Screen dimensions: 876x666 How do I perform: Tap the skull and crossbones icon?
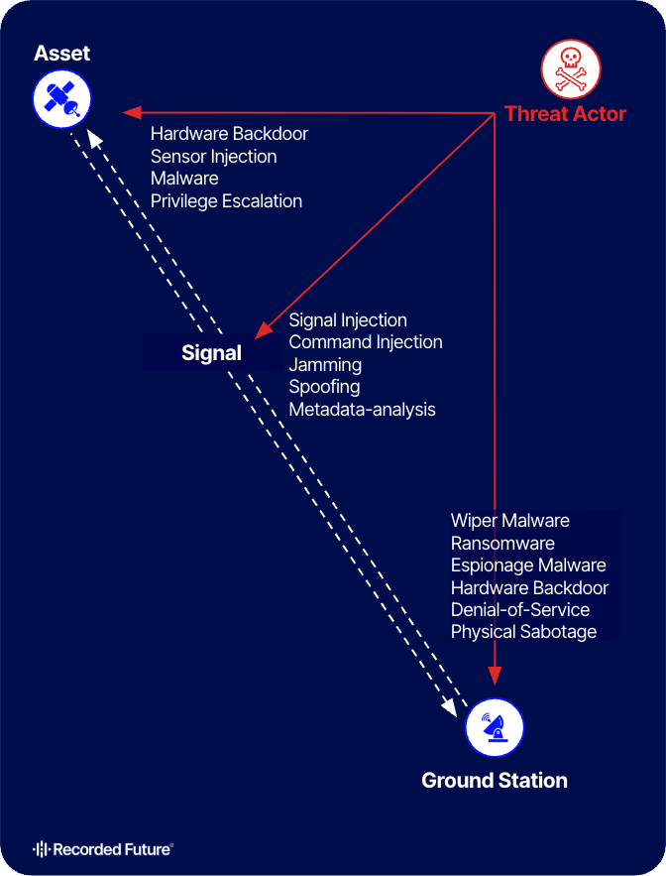[x=564, y=69]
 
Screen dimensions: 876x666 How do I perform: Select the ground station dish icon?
[x=494, y=727]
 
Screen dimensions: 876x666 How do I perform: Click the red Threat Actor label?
[x=565, y=113]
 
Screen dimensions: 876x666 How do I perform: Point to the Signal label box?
[x=211, y=352]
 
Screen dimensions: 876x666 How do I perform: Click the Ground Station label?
[x=495, y=780]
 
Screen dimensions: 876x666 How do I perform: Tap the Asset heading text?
[x=62, y=54]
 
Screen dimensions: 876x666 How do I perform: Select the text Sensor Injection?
[x=213, y=156]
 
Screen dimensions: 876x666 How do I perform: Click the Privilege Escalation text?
[x=226, y=200]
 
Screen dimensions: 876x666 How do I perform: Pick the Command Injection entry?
[x=365, y=342]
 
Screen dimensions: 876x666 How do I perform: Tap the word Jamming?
[x=325, y=364]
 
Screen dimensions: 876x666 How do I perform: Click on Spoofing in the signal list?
[x=324, y=387]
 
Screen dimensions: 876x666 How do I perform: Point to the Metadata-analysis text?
[x=362, y=409]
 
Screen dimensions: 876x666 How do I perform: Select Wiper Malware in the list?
[x=509, y=521]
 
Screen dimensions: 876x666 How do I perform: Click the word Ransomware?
[x=502, y=543]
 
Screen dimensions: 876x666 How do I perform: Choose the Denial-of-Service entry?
[x=519, y=609]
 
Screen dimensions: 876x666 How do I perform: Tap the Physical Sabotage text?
[x=523, y=631]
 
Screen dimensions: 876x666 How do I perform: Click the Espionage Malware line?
[x=527, y=564]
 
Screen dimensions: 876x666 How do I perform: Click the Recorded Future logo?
[x=103, y=849]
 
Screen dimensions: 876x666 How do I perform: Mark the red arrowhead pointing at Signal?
[x=264, y=330]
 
